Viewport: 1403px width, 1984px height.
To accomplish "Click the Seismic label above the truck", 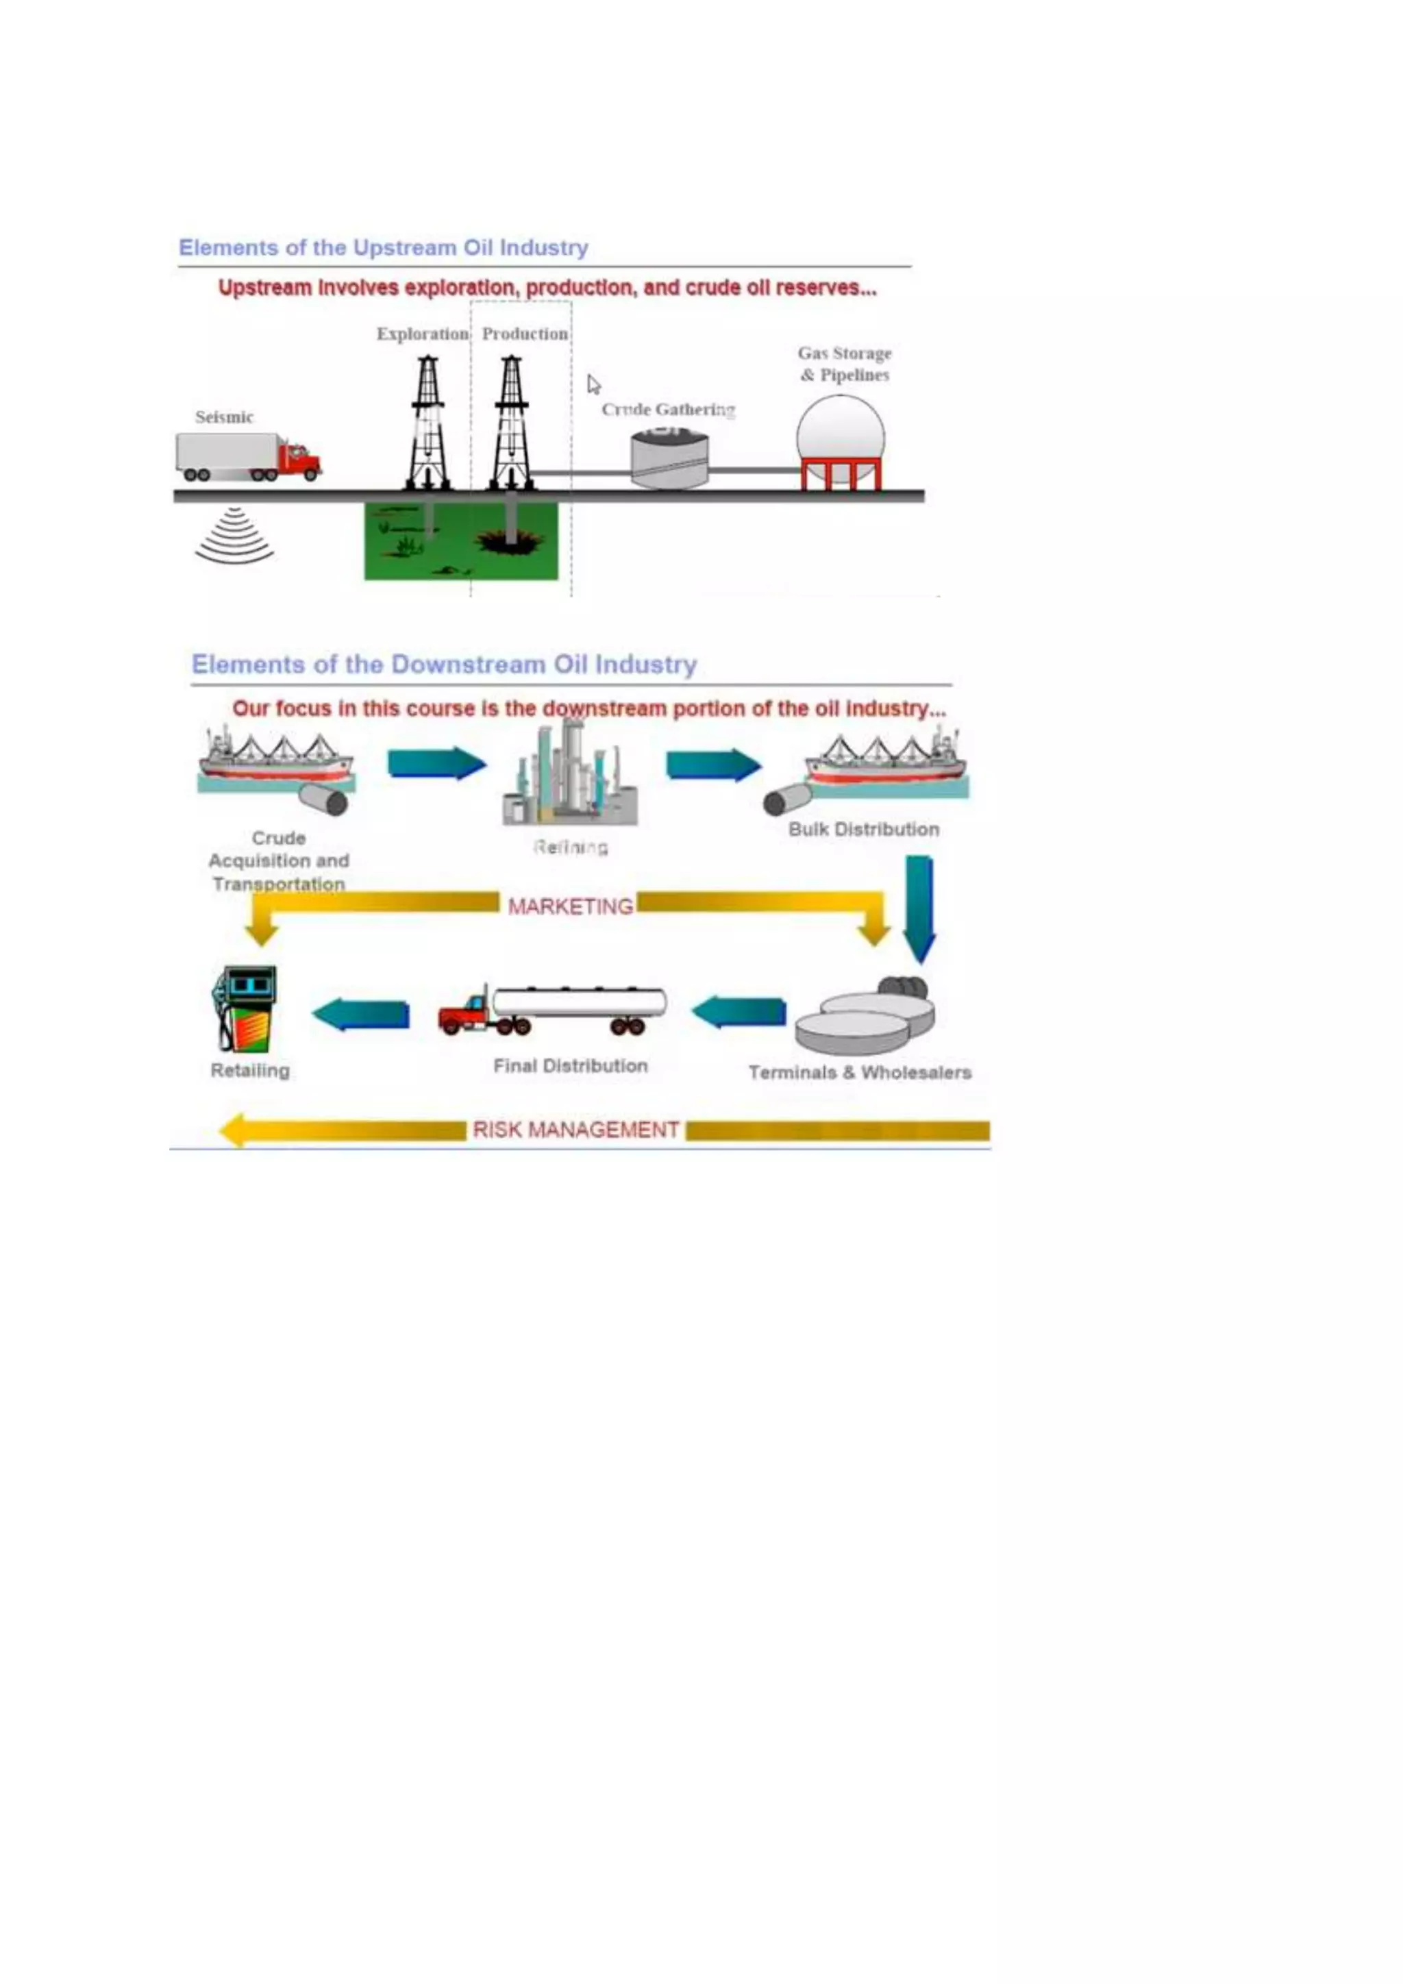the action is click(x=224, y=417).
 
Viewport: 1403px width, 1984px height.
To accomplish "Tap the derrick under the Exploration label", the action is click(x=428, y=423).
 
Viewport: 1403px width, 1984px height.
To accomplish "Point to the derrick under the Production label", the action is click(x=512, y=423).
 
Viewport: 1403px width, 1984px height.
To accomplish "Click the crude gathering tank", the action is click(x=669, y=460).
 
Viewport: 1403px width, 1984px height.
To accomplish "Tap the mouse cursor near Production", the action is click(x=593, y=384).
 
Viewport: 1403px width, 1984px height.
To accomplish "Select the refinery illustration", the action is click(x=570, y=774).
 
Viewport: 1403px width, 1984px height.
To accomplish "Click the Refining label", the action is click(x=570, y=847).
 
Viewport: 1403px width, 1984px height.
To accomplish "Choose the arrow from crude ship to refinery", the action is click(x=436, y=764).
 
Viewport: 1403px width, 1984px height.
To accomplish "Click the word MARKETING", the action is click(x=570, y=906).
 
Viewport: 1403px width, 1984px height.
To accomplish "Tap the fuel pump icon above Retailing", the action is click(x=246, y=1008).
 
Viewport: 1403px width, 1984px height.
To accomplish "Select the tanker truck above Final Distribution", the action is click(x=553, y=1010).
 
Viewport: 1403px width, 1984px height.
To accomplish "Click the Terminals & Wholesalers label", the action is click(x=860, y=1072).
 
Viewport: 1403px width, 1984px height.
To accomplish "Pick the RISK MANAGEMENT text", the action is click(x=575, y=1130).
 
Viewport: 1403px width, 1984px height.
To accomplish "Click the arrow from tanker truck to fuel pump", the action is click(x=361, y=1014).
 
